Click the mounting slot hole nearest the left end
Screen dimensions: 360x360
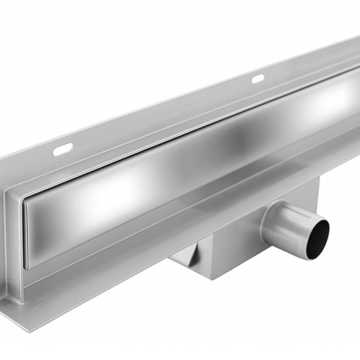(62, 150)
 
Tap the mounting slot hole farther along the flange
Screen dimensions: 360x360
(257, 79)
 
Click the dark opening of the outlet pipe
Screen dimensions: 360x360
(319, 233)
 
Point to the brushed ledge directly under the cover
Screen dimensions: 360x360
(150, 232)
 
